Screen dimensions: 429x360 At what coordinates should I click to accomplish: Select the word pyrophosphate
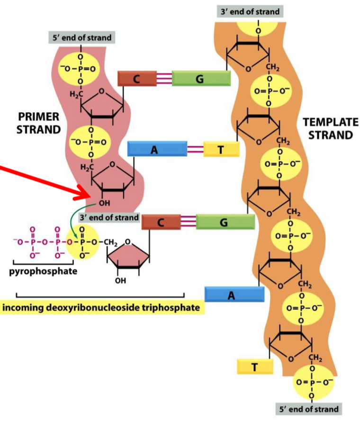[43, 272]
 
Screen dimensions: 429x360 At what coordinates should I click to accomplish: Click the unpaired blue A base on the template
[234, 295]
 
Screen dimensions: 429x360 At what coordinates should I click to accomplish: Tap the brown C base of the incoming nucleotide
[161, 222]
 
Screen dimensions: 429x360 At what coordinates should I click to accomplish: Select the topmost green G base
[201, 79]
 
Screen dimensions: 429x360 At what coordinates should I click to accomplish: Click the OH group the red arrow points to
[106, 204]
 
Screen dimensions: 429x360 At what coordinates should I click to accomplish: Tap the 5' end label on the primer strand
[80, 37]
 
